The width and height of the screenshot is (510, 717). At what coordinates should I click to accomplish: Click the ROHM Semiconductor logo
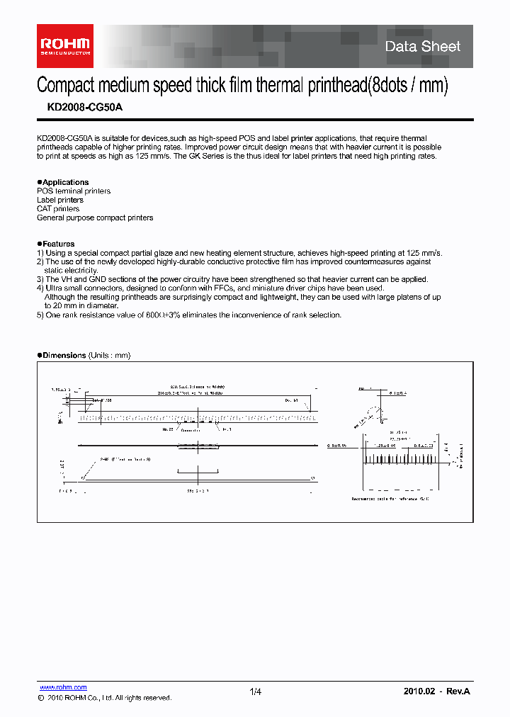point(64,45)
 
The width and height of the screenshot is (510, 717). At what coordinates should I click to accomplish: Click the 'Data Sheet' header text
point(422,47)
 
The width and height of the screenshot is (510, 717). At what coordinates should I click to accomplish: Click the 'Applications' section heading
point(65,182)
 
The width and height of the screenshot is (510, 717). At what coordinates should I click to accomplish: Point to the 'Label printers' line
point(59,200)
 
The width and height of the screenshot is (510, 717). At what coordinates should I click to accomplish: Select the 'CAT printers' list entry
point(58,209)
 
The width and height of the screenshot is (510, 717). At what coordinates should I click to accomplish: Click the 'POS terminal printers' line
point(74,191)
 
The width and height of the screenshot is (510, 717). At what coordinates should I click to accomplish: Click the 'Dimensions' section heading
point(64,355)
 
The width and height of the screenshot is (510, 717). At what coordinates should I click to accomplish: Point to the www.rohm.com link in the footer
point(62,687)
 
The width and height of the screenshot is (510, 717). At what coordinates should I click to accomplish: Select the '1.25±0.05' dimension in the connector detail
point(383,446)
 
